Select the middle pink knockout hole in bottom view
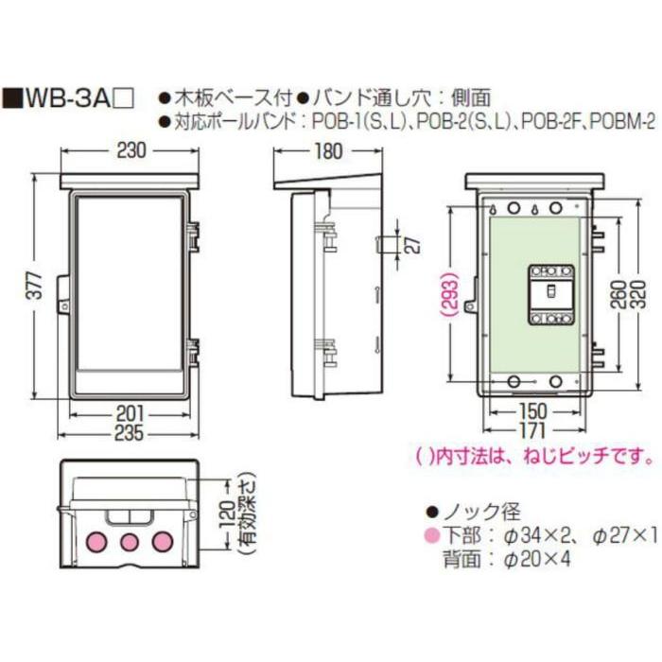pos(130,542)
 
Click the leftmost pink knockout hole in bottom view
pos(96,542)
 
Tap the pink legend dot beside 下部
pos(430,536)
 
